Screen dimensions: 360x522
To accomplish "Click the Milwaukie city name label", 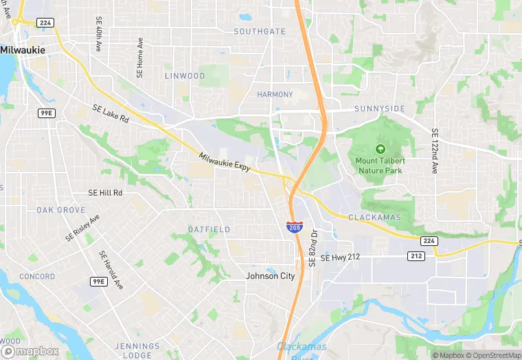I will coord(23,50).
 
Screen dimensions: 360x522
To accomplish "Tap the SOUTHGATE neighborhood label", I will coord(260,32).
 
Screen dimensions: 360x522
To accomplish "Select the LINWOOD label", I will coord(185,76).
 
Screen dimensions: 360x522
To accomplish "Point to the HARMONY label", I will coord(275,94).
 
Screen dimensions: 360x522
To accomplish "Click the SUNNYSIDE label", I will coord(380,109).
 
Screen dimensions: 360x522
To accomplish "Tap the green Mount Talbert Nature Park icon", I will coord(380,148).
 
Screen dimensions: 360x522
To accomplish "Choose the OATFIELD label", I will coord(209,229).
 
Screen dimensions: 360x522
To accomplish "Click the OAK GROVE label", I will coord(61,210).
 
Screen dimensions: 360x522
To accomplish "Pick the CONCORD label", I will coord(37,277).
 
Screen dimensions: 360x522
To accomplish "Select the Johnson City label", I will coord(271,276).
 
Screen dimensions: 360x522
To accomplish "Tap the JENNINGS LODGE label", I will coord(138,350).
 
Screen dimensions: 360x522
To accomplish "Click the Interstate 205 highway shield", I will coord(293,227).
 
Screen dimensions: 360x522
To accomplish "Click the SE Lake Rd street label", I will coord(111,113).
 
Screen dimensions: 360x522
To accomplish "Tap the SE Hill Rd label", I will coord(105,194).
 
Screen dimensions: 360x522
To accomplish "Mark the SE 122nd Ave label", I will coord(434,150).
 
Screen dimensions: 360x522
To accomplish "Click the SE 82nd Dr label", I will coord(313,247).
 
